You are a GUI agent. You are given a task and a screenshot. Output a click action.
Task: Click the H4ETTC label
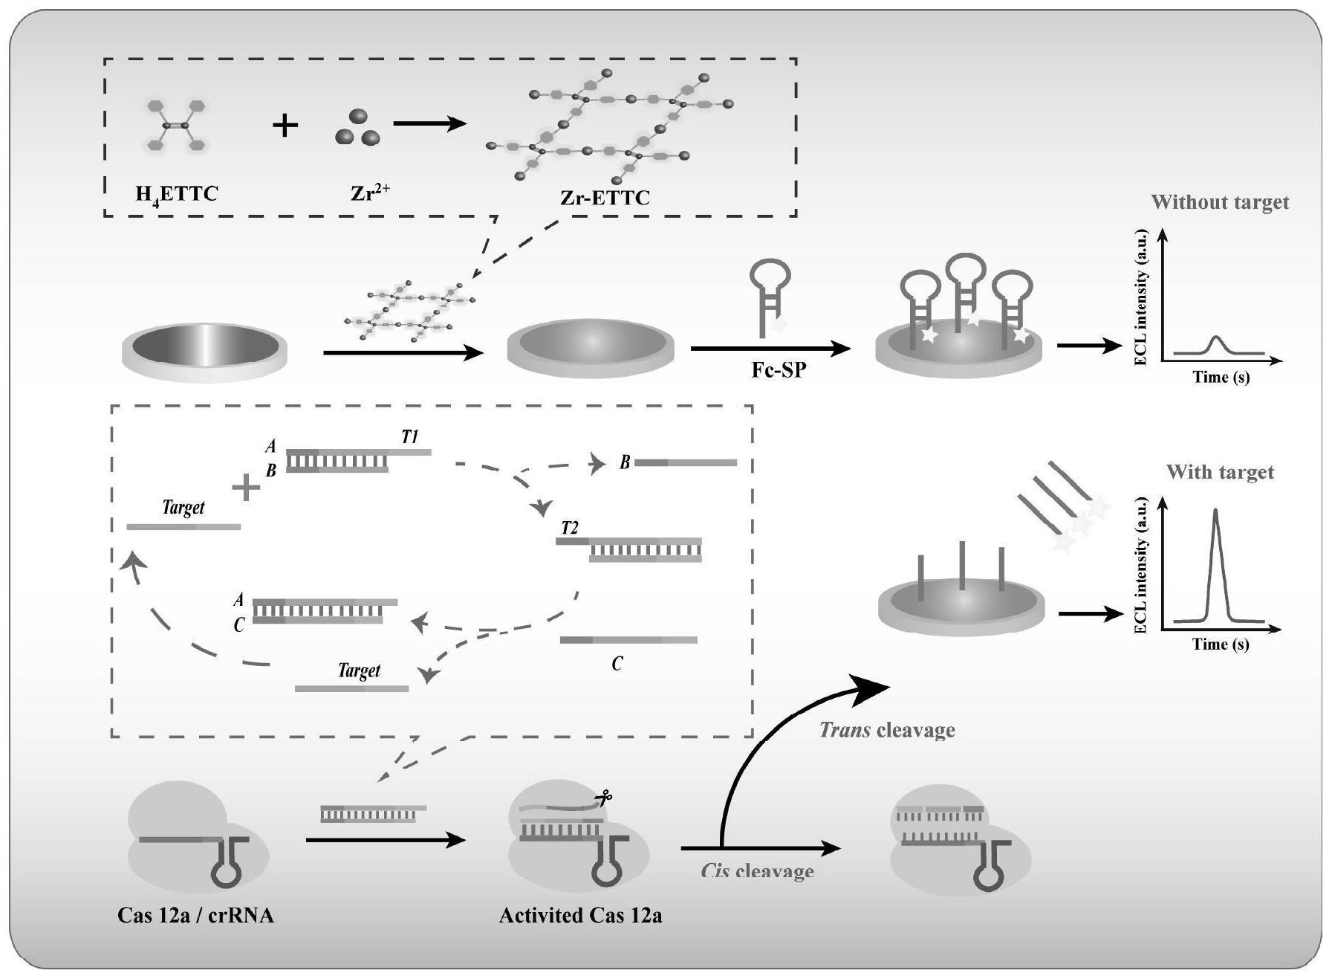click(176, 195)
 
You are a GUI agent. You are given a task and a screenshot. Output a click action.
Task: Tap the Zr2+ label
click(370, 194)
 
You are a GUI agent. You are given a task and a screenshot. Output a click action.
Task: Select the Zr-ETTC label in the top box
click(605, 198)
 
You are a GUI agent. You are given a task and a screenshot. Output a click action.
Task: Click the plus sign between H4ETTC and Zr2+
click(285, 126)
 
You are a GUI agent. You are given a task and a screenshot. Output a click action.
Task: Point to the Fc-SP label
click(778, 369)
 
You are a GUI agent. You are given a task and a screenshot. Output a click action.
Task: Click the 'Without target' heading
click(1219, 202)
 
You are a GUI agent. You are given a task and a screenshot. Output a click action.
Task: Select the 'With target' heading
click(1220, 472)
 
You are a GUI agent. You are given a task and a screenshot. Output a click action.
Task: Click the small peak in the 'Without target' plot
click(1216, 341)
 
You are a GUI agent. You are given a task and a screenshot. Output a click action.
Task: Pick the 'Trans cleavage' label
click(886, 730)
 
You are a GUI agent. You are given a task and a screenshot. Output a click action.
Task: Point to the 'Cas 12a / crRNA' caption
click(195, 915)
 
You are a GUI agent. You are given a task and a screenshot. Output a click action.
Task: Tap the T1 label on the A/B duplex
click(409, 437)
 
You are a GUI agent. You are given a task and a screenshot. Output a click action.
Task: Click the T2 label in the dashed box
click(569, 528)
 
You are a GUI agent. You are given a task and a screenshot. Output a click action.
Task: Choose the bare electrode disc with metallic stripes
click(204, 348)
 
